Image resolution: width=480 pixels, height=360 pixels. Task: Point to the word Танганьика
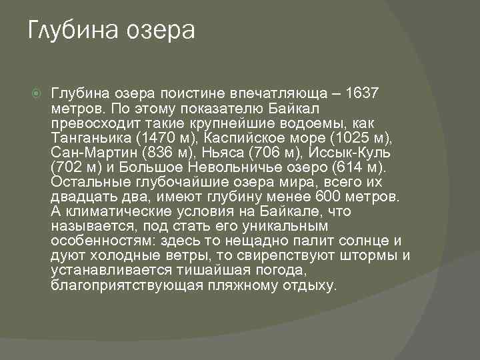(89, 139)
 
